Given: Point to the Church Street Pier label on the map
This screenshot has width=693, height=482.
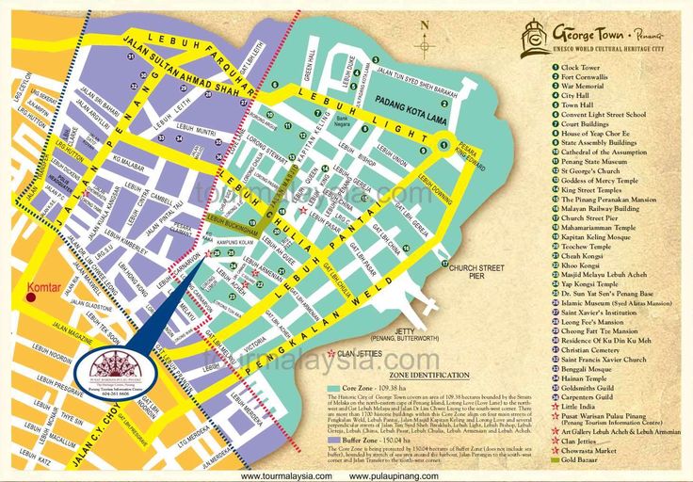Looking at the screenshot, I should coord(476,272).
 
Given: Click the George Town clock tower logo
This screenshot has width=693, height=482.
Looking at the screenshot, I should coord(537,37).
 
